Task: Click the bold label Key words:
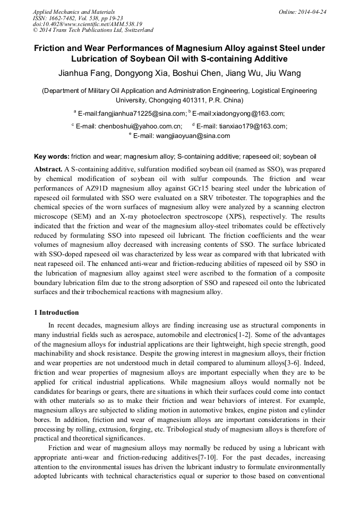coord(52,157)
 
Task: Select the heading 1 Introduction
coord(56,312)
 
